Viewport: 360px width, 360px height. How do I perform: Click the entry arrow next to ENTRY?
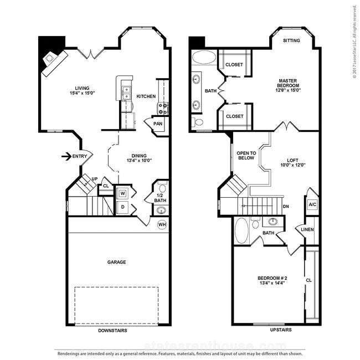(66, 156)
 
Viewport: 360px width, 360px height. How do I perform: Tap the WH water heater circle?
(162, 224)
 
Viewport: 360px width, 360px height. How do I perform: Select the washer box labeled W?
(123, 193)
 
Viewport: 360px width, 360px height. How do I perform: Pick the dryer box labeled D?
(123, 207)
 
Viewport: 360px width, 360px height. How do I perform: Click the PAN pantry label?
(158, 124)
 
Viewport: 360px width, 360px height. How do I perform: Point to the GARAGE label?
(117, 262)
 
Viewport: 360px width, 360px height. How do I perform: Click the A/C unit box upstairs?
(312, 204)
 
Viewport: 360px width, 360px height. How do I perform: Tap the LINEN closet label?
(307, 229)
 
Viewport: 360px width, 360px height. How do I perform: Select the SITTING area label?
(291, 40)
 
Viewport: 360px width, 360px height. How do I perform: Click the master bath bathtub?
(204, 57)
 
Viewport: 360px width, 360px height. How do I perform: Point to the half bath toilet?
(162, 188)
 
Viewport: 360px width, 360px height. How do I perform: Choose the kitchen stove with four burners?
(163, 109)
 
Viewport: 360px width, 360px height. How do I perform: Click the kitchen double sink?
(126, 93)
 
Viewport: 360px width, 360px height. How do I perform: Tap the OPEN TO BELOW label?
(246, 156)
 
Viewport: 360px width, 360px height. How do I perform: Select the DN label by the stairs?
(286, 207)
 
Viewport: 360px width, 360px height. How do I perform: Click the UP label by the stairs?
(95, 179)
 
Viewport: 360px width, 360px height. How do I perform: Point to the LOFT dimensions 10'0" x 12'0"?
(293, 165)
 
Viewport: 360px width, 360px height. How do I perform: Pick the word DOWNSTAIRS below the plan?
(112, 331)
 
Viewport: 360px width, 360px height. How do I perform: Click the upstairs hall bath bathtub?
(241, 230)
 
